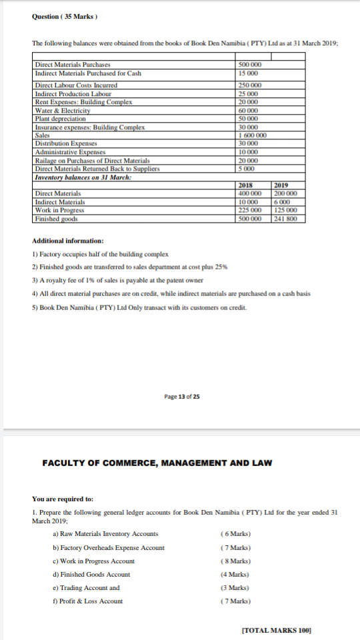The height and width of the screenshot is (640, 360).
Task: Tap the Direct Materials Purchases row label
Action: [x=72, y=65]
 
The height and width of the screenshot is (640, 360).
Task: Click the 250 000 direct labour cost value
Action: [x=250, y=85]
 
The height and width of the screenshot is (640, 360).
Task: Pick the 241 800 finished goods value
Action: [x=286, y=219]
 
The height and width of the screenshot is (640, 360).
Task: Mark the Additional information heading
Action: [x=67, y=241]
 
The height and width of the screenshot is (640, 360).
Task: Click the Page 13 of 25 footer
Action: [x=181, y=397]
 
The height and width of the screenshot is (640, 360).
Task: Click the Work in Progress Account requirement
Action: [x=93, y=561]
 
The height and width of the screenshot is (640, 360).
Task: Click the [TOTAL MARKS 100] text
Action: [x=277, y=629]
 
